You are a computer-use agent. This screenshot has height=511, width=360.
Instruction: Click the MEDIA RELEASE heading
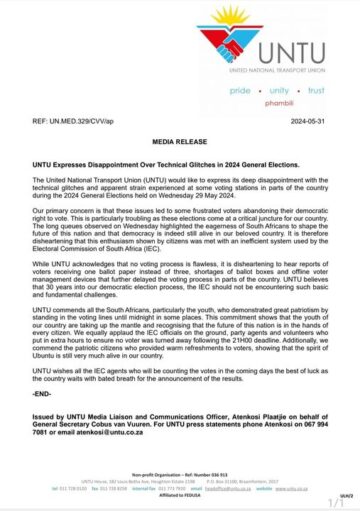[179, 141]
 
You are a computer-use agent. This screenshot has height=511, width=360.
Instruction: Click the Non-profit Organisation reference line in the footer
[180, 481]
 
